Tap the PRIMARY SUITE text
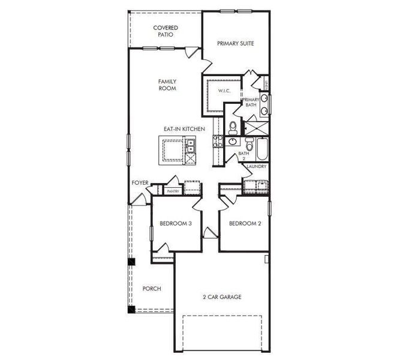coord(236,43)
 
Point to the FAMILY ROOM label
coord(167,85)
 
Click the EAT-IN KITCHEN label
coord(185,129)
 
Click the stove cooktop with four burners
coord(218,142)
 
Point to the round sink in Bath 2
coord(233,142)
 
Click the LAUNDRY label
coord(256,166)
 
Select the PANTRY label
coord(173,191)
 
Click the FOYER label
coord(140,183)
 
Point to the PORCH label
coord(152,289)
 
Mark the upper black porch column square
coord(132,262)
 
